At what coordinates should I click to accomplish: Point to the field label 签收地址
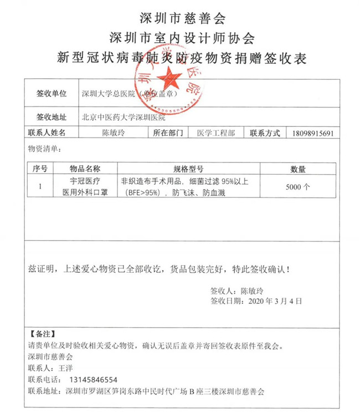click(51, 117)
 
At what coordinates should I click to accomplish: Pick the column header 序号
click(40, 169)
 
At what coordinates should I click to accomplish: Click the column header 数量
click(298, 169)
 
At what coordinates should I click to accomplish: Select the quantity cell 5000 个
click(298, 187)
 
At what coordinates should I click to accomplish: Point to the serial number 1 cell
click(40, 187)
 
